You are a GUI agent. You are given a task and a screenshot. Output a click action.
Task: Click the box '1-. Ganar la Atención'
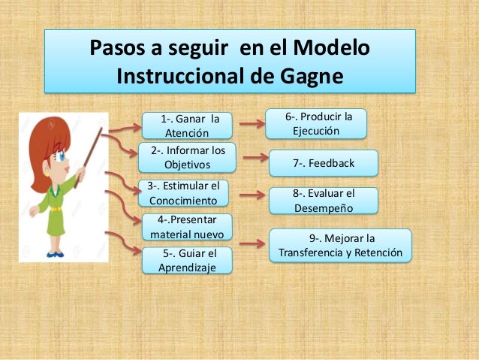187,126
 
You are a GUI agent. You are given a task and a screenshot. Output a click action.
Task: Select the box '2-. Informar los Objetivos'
187,157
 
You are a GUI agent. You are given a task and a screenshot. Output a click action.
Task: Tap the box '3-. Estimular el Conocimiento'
184,194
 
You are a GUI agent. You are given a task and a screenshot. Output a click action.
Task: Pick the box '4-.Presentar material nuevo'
187,227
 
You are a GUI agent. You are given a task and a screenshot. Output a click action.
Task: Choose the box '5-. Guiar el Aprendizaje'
187,260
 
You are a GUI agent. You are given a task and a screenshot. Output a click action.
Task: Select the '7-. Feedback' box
324,163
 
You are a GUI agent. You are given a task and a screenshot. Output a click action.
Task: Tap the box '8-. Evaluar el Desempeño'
324,200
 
